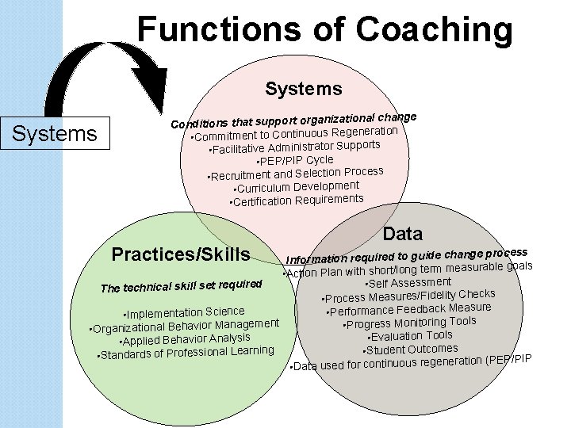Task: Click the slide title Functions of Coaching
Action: pos(325,30)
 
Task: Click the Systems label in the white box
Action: pos(55,133)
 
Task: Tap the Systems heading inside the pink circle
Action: pos(304,88)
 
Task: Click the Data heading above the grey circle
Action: pos(403,233)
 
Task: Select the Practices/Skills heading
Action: pos(181,254)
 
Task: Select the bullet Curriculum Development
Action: pos(297,187)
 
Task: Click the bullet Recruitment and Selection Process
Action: pos(295,174)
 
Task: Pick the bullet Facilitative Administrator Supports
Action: pos(293,147)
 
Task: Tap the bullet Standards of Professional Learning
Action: pos(185,352)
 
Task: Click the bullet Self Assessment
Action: pos(408,283)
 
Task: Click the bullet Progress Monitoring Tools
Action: pos(409,323)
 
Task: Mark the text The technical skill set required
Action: pos(181,286)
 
